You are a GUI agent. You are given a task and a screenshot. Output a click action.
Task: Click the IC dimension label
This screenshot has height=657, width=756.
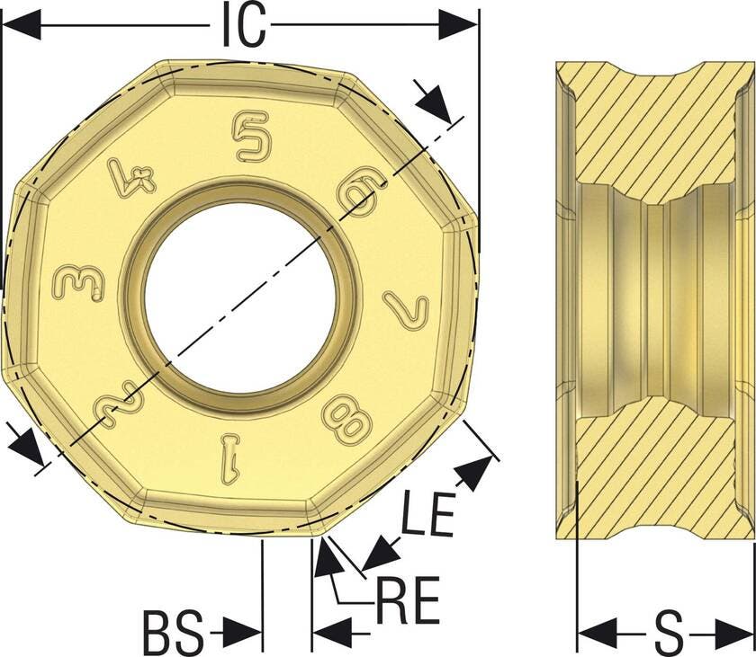click(244, 25)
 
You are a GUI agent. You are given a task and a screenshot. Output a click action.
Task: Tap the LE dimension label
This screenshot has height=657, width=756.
click(428, 513)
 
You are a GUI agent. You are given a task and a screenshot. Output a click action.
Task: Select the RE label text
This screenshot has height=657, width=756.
click(408, 600)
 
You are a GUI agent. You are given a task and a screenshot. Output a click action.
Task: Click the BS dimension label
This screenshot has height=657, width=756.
click(174, 632)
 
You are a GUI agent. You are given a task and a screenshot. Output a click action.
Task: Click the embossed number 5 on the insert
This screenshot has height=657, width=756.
click(251, 136)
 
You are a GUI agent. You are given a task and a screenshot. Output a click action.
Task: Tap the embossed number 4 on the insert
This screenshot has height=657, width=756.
click(131, 176)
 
